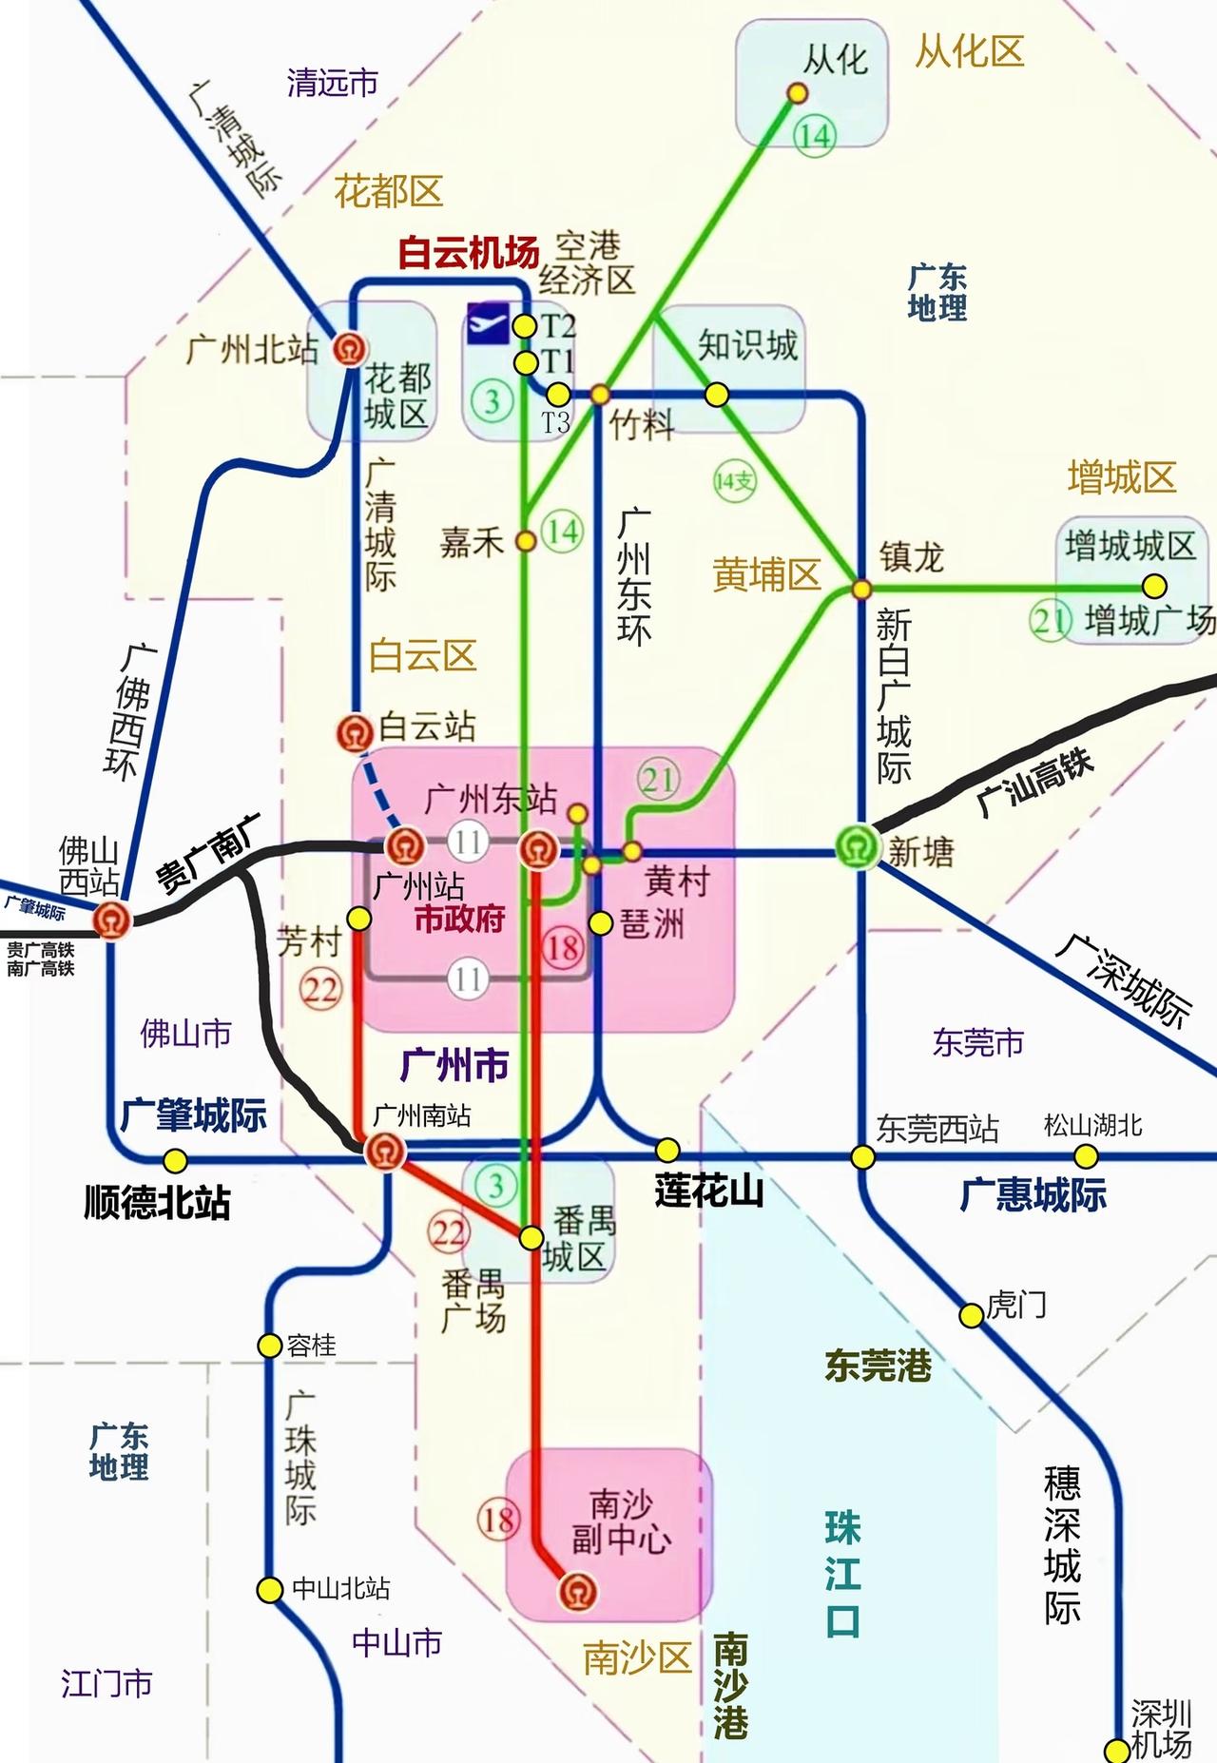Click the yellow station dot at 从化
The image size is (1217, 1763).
797,92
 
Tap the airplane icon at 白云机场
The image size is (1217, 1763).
488,324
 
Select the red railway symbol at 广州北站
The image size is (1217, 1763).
350,349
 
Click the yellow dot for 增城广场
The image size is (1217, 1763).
1154,585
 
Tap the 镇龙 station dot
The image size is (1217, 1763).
860,590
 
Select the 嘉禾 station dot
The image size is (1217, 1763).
525,541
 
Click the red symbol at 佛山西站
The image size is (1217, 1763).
111,920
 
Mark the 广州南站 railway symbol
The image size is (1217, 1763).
385,1151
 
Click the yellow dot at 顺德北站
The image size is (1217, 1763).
175,1160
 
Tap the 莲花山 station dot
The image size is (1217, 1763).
668,1150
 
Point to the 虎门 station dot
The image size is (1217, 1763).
970,1315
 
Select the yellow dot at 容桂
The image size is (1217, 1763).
270,1345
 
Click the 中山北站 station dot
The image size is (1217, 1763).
270,1589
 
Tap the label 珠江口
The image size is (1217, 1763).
842,1575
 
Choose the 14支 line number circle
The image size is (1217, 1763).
734,481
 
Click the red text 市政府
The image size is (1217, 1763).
460,920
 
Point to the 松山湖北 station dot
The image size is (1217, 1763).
1085,1156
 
